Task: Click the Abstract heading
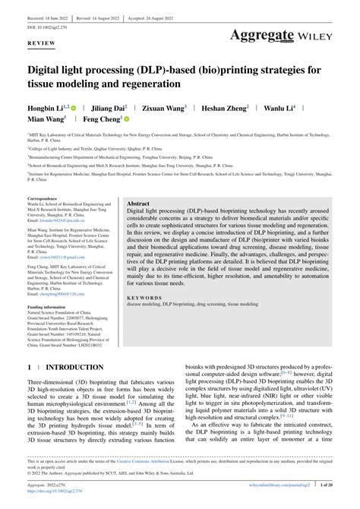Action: [x=138, y=204]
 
